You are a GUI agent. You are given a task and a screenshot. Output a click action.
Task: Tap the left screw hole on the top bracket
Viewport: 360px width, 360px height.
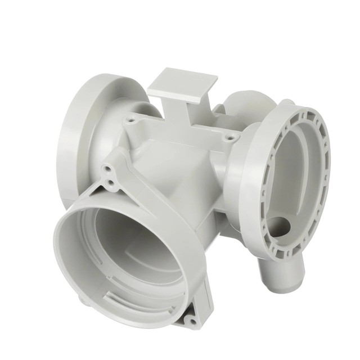click(x=131, y=120)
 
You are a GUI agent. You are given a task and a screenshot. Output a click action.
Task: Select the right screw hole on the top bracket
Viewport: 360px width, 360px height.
click(x=228, y=136)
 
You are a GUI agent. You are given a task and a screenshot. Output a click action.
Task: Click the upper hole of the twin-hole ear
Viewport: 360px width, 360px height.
click(x=106, y=168)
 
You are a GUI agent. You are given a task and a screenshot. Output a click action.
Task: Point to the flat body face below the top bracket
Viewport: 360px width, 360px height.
click(x=169, y=163)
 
